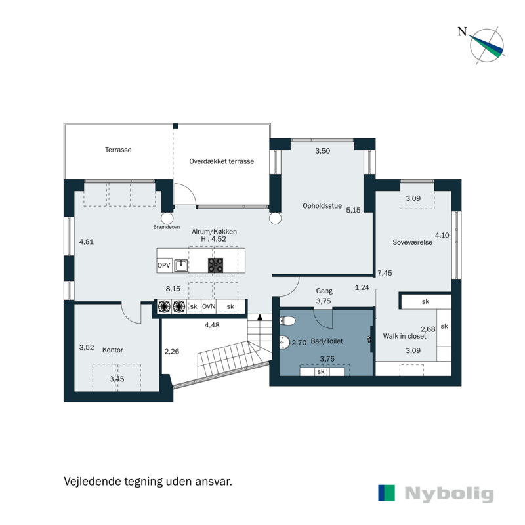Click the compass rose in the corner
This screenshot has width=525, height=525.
486,46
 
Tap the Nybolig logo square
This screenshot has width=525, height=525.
387,493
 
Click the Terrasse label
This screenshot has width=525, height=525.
118,150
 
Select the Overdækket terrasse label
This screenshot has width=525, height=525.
221,161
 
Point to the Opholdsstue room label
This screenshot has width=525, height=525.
322,205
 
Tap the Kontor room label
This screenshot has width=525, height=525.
112,350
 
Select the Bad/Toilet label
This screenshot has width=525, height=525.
326,341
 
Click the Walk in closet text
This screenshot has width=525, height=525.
404,336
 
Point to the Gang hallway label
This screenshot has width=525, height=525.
325,289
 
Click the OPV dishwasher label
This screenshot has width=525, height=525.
164,266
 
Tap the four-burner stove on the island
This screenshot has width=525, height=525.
216,266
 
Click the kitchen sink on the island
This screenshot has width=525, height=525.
182,266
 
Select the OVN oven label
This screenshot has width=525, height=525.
209,306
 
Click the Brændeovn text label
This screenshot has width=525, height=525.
166,226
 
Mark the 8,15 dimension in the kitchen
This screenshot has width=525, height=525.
173,288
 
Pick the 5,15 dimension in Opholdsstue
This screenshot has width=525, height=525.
354,211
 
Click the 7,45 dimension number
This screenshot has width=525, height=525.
384,273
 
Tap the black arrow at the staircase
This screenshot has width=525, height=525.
261,317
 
